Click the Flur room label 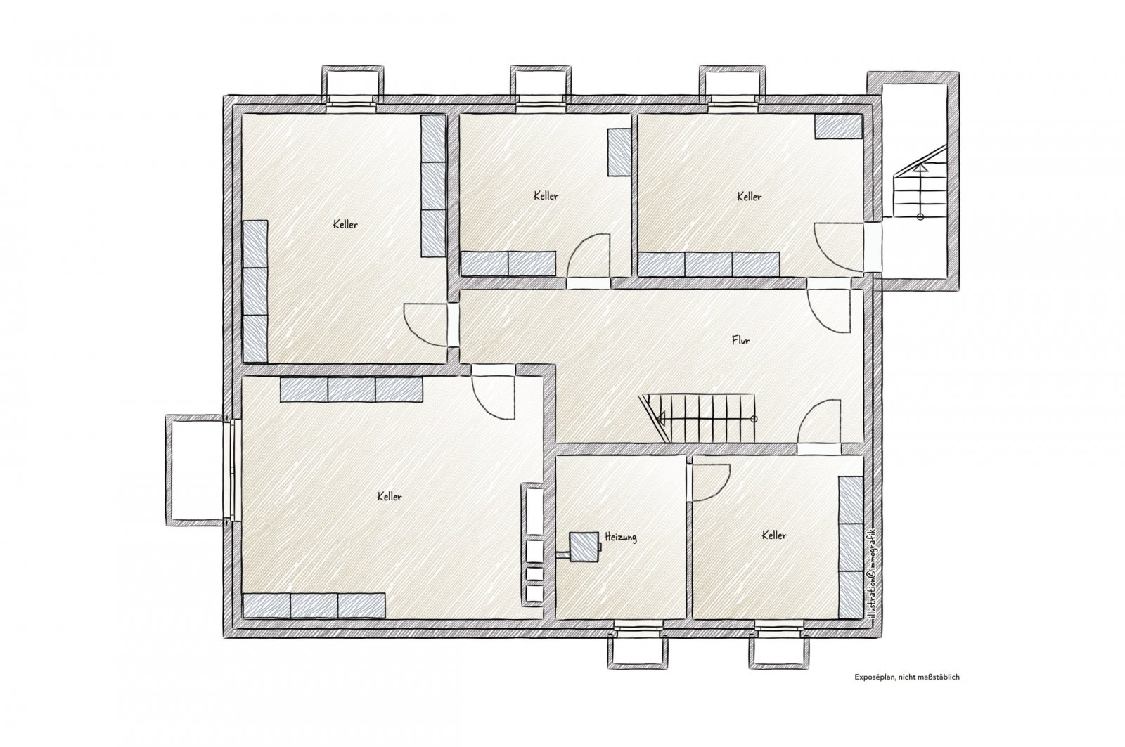[741, 340]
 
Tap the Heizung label [621, 537]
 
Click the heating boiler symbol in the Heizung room [584, 547]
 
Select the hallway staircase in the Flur [698, 417]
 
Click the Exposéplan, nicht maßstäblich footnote [907, 677]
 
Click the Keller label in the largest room [390, 497]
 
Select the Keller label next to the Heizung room [774, 535]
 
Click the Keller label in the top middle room [546, 196]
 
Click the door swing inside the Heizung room [711, 483]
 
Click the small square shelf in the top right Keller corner [838, 126]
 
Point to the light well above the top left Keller [352, 85]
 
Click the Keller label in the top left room [345, 224]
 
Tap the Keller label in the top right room [749, 197]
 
